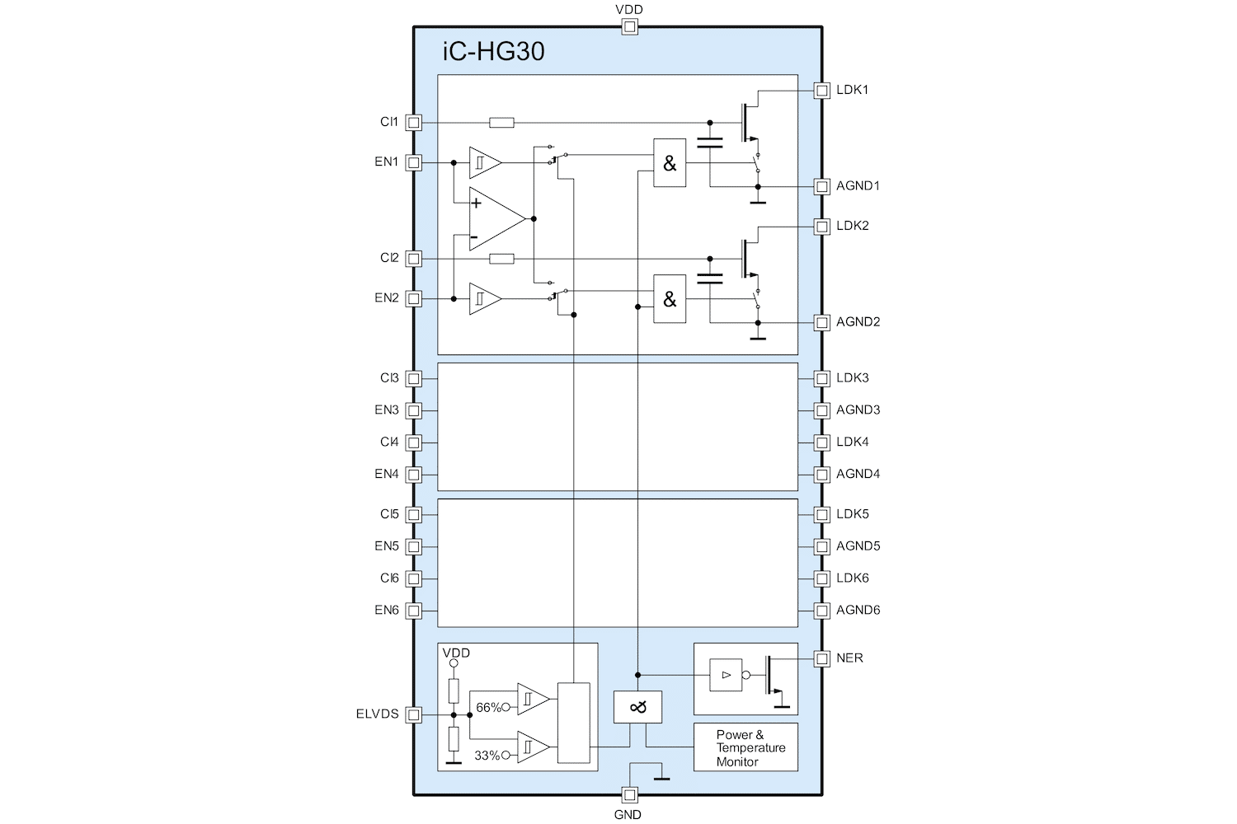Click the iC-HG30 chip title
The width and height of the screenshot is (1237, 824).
tap(494, 52)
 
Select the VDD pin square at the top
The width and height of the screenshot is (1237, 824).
tap(629, 27)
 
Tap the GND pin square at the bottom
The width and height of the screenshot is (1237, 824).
tap(629, 795)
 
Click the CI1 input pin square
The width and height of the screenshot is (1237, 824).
tap(414, 123)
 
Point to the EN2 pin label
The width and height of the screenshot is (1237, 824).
tap(386, 298)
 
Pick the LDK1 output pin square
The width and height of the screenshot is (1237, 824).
tap(821, 91)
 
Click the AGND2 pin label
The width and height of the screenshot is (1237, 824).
tap(858, 322)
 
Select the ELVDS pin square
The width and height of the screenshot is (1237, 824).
tap(414, 714)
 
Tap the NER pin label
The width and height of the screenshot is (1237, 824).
tap(849, 658)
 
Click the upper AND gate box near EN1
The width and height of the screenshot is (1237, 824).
tap(670, 163)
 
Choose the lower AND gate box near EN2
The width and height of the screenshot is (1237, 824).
tap(670, 298)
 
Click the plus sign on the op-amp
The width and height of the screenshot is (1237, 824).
tap(476, 203)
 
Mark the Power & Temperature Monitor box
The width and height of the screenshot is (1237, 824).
tap(745, 747)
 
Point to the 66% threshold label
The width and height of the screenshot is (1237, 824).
tap(488, 708)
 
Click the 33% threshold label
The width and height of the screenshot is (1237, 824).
tap(487, 756)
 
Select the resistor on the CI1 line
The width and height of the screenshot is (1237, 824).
tap(501, 123)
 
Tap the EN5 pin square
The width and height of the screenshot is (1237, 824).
tap(414, 547)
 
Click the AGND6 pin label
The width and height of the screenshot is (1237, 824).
tap(858, 611)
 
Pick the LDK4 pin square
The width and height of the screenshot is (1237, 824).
tap(821, 442)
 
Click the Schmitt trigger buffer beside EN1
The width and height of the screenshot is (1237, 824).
tap(484, 163)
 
